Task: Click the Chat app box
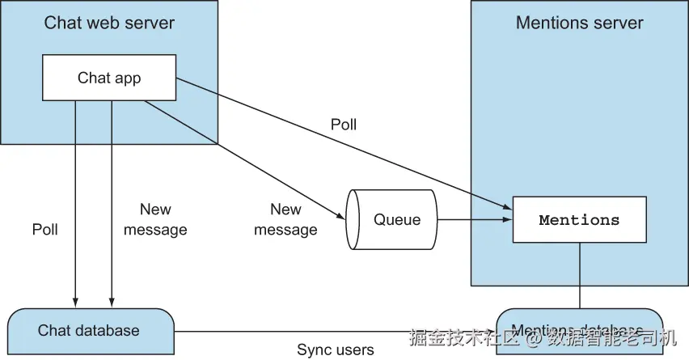coord(108,78)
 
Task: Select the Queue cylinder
coord(391,219)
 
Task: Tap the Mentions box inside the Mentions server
coord(579,220)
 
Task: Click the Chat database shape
coord(89,330)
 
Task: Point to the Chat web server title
coord(108,23)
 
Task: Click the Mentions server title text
coord(579,23)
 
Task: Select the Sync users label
coord(335,350)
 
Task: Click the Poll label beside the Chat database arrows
coord(45,229)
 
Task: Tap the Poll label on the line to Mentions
coord(344,125)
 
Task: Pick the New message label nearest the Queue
coord(285,219)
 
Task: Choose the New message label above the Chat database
coord(155,219)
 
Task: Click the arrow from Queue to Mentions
coord(474,219)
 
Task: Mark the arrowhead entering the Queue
coord(341,215)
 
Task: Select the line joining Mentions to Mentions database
coord(579,275)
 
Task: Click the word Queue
coord(397,219)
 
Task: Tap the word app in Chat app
coord(126,78)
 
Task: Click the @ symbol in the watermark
coord(535,335)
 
